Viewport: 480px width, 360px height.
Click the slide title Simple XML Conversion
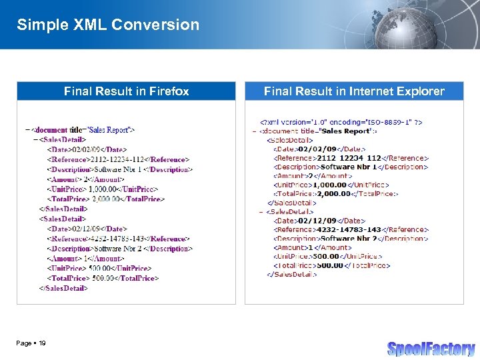pos(108,25)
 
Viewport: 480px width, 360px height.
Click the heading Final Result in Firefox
pos(126,91)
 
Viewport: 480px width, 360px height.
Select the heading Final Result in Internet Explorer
pos(354,91)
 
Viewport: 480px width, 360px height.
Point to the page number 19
pos(42,343)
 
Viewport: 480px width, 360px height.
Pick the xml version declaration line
pos(341,123)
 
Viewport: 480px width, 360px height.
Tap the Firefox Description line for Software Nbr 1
pos(119,169)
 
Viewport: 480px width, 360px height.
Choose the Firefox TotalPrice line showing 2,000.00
pos(106,199)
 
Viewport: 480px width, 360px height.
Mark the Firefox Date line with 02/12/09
pos(87,229)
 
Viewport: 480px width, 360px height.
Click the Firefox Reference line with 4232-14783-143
pos(118,239)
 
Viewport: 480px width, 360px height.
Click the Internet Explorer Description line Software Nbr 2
pos(351,238)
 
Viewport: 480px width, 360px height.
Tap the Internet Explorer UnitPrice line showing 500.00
pos(327,256)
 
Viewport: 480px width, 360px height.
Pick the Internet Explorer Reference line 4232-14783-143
pos(351,229)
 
